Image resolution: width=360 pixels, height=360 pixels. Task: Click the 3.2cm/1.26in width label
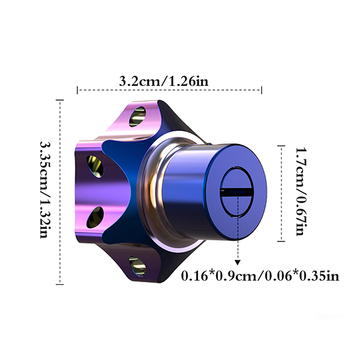coord(164,81)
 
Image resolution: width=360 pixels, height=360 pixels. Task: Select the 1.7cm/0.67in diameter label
coord(301,192)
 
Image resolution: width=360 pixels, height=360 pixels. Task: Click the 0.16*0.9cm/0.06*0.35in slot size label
coord(260,276)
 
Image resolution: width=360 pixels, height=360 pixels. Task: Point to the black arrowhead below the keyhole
coord(238,263)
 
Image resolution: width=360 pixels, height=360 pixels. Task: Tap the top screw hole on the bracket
coord(138,117)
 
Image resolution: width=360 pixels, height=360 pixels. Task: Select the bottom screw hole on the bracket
coord(137,266)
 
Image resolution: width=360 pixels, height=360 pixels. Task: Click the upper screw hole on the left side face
coord(95,166)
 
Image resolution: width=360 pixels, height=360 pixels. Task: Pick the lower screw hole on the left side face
coord(95,217)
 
